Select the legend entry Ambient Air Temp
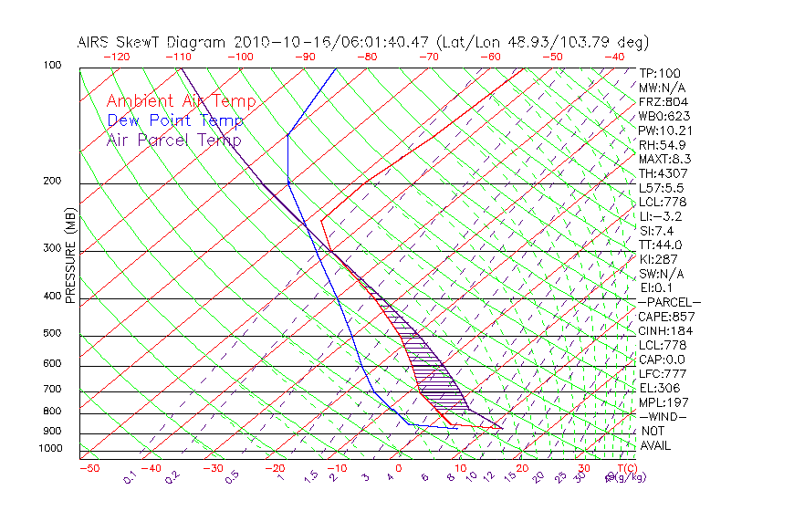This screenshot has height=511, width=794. tap(181, 102)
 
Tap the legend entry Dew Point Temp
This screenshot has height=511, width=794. tap(175, 121)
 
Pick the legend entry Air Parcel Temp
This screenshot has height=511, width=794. tap(173, 141)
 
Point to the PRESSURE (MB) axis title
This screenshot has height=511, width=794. tap(71, 255)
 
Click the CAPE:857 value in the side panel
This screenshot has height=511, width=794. tap(662, 317)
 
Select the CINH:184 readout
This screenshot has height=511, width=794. tap(662, 330)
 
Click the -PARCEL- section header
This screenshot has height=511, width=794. tap(669, 302)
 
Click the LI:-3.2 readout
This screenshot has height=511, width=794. tap(660, 216)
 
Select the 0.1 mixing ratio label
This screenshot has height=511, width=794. tap(130, 476)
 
